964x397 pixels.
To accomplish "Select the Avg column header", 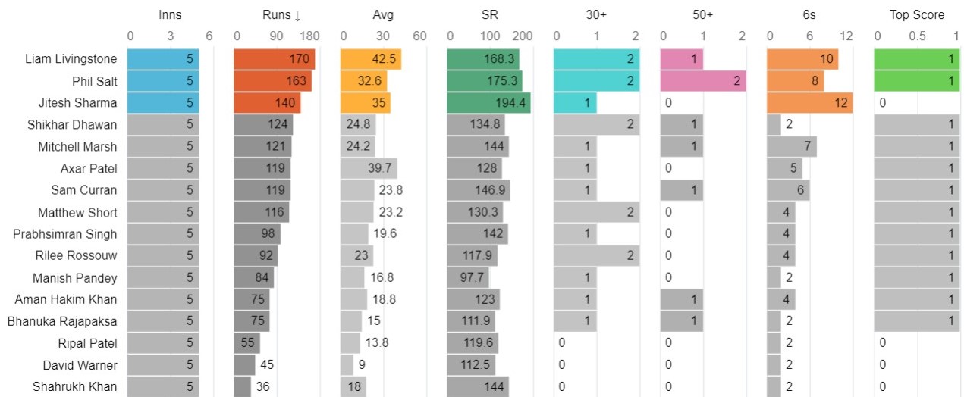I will [x=383, y=15].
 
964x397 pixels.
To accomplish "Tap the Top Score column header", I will [x=917, y=15].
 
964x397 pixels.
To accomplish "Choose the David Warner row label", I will [x=80, y=365].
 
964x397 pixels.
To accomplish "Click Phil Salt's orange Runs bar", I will [x=272, y=81].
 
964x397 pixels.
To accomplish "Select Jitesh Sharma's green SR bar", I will [x=488, y=103].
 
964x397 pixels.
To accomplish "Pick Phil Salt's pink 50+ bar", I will [x=703, y=81].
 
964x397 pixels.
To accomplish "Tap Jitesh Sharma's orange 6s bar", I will [x=809, y=103].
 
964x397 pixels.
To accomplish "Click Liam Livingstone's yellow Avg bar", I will [x=371, y=59].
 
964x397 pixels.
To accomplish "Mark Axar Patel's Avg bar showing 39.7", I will [x=369, y=169].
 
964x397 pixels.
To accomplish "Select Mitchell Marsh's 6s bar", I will [x=792, y=147].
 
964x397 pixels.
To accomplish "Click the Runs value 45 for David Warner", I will [x=267, y=365].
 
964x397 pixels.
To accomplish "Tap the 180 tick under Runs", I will [x=309, y=36].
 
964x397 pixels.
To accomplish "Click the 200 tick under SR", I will [x=522, y=36].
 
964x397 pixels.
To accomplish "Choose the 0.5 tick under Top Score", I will [x=917, y=36].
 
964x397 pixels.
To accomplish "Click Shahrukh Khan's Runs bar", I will [x=242, y=387].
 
